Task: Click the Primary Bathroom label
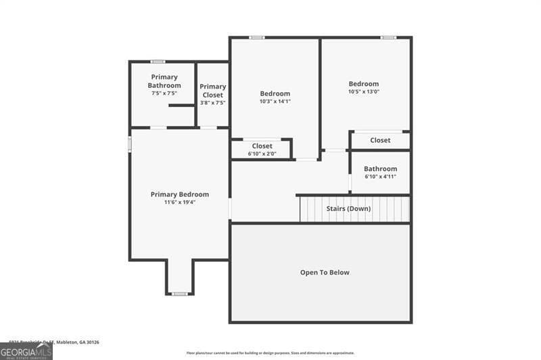(165, 81)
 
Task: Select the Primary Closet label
(212, 91)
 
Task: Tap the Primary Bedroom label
(179, 194)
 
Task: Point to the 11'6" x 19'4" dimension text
(179, 202)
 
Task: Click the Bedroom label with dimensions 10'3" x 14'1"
(275, 93)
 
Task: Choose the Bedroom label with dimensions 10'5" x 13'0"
(364, 84)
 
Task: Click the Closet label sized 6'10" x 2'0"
(262, 145)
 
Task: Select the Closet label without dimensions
(380, 140)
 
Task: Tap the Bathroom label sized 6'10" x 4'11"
(380, 168)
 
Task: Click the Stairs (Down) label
(348, 208)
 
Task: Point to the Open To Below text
(325, 272)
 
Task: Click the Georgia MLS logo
(26, 351)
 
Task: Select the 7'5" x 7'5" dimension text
(165, 93)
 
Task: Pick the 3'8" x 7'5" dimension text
(212, 103)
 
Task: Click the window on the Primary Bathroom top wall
(158, 62)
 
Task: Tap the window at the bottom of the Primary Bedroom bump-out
(179, 294)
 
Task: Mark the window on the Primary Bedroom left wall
(130, 144)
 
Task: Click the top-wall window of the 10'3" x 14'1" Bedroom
(257, 37)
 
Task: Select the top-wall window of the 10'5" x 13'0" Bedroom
(388, 37)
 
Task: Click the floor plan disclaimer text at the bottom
(270, 353)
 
